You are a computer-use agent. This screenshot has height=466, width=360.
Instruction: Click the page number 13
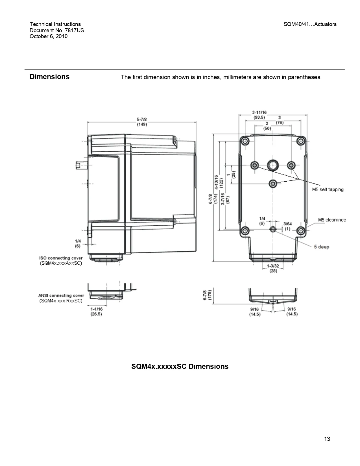[x=327, y=439]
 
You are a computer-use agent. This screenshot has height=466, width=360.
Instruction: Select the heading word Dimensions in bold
[x=49, y=77]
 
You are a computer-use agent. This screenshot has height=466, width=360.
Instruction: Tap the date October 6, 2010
[x=49, y=36]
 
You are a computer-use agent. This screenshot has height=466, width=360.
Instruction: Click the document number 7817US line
[x=57, y=30]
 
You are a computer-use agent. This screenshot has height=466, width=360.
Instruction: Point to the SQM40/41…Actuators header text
[x=310, y=24]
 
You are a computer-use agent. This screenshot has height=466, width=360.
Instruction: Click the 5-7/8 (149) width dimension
[x=142, y=122]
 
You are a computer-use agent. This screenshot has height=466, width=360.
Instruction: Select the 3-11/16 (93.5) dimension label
[x=259, y=115]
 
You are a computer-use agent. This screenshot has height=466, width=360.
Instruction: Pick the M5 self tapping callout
[x=328, y=190]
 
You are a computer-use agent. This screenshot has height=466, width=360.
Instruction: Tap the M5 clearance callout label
[x=332, y=220]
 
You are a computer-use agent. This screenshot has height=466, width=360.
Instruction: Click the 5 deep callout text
[x=321, y=247]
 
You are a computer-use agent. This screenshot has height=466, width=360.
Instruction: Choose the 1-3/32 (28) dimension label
[x=273, y=268]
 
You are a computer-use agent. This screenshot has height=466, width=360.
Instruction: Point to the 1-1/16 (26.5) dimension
[x=96, y=312]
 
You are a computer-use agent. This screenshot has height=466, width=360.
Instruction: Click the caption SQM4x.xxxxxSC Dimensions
[x=180, y=366]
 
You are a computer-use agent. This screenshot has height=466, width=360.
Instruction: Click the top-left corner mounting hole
[x=245, y=141]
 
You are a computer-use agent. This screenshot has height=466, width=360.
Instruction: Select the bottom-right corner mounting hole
[x=301, y=231]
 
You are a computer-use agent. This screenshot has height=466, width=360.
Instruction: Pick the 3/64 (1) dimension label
[x=287, y=226]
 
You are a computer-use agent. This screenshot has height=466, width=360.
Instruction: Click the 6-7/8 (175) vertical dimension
[x=207, y=295]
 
